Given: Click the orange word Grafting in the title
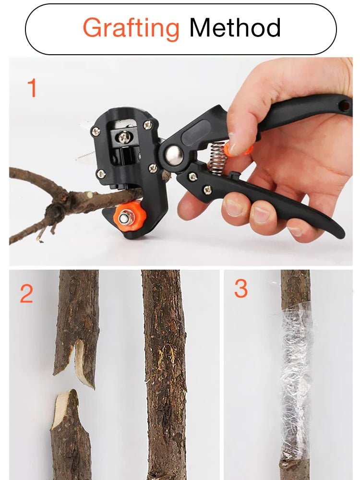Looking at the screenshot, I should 131,28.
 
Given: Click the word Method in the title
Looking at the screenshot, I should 235,28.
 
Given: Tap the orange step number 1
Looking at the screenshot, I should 32,88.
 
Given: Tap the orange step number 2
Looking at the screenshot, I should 26,294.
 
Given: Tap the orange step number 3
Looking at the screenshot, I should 241,289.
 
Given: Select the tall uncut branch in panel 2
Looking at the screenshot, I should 164,374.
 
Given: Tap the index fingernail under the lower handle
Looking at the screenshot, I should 234,207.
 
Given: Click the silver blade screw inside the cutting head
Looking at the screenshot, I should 124,137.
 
